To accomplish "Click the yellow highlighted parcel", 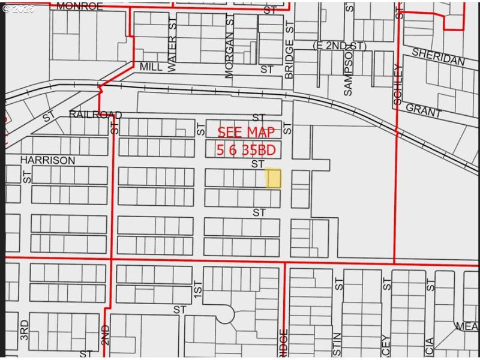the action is [273, 178].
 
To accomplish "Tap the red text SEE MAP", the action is [246, 133].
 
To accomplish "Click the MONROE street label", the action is [80, 6].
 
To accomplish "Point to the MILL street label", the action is [151, 67].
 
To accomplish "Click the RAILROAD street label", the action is [95, 115].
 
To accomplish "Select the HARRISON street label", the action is [47, 160].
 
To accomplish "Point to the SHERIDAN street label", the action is [438, 58].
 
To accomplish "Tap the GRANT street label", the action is [424, 110].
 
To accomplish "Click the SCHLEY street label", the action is [398, 85].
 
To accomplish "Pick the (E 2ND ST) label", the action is [339, 46].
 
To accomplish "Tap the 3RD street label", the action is [24, 329].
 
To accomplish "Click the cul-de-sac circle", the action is [225, 313].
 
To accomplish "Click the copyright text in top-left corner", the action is [19, 9].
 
